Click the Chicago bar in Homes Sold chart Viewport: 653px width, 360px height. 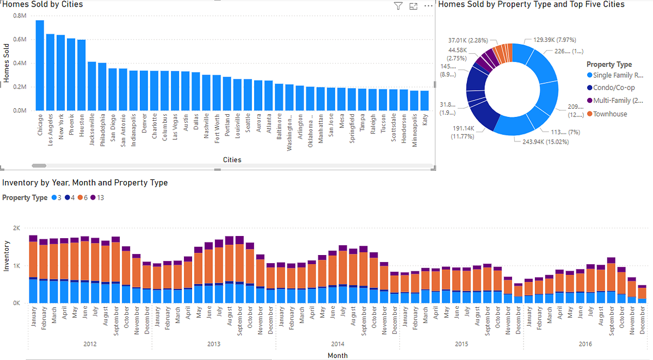[40, 65]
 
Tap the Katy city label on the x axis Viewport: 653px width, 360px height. [424, 120]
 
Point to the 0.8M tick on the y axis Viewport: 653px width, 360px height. [20, 16]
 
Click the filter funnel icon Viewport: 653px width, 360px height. [398, 6]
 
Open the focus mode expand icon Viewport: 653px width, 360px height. [413, 6]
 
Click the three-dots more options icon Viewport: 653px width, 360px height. [428, 6]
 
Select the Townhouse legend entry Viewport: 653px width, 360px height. [609, 114]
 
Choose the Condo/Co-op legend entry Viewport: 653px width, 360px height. [614, 88]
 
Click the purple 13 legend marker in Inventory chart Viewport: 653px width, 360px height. [93, 198]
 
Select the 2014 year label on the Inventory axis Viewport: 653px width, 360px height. [337, 344]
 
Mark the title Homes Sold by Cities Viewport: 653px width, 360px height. [42, 5]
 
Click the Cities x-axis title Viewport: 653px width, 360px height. [232, 160]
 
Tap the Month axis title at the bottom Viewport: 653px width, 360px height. [337, 355]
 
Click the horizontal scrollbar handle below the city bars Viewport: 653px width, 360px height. [39, 165]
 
